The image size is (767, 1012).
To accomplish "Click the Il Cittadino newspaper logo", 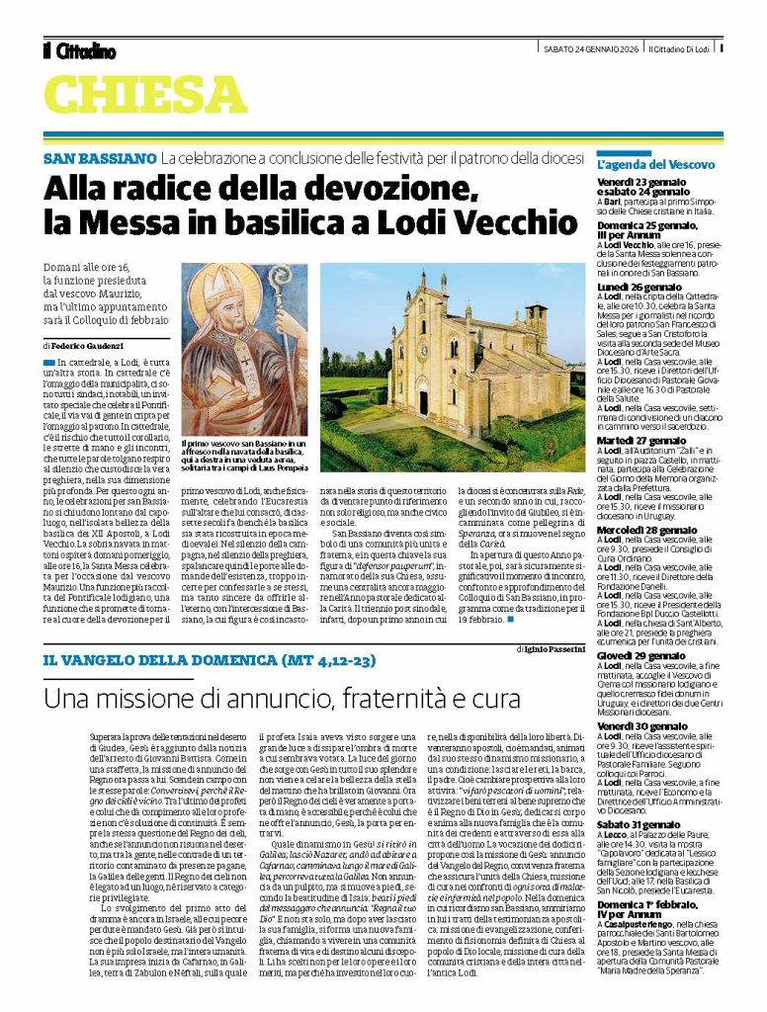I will pyautogui.click(x=79, y=50).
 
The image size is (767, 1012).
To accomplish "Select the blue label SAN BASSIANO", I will pyautogui.click(x=99, y=158).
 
